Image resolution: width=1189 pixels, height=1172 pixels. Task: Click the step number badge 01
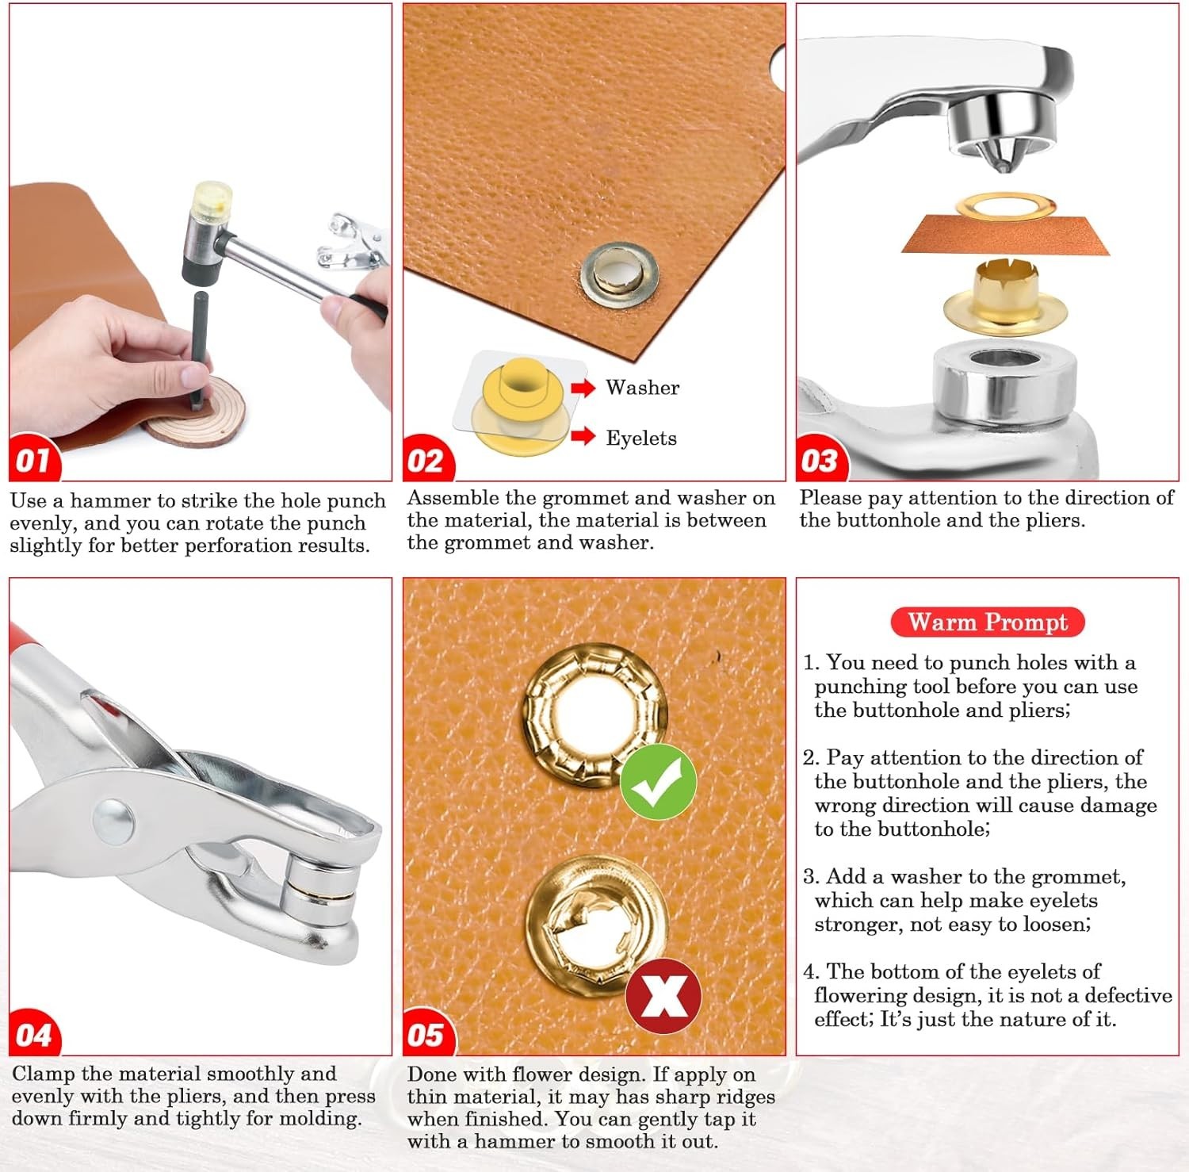click(x=34, y=459)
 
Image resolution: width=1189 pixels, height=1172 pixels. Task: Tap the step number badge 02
click(x=428, y=460)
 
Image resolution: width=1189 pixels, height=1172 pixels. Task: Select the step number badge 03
click(x=821, y=460)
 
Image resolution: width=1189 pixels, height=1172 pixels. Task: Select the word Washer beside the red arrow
click(x=642, y=388)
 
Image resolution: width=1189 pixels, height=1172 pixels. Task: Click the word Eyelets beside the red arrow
click(x=641, y=439)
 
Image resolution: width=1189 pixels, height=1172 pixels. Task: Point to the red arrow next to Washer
click(x=583, y=388)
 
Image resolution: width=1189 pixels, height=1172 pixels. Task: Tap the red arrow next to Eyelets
click(x=583, y=435)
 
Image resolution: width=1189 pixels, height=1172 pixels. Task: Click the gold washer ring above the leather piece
click(x=1007, y=209)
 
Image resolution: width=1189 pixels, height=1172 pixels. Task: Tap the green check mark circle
click(x=658, y=782)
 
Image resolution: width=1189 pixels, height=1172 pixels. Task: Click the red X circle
click(x=663, y=996)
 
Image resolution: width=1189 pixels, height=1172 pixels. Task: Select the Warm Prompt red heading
click(x=988, y=622)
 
